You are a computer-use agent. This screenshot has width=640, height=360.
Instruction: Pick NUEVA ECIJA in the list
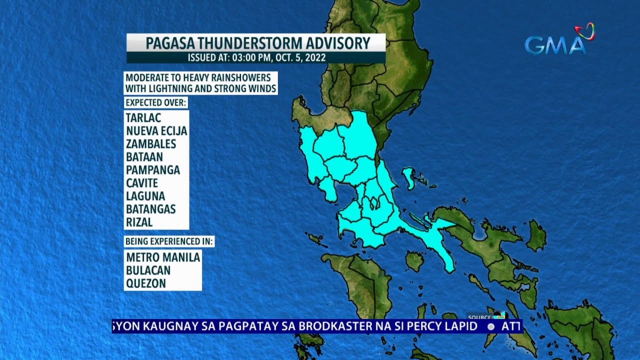pos(156,131)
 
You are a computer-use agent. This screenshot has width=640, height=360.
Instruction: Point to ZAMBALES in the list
pos(151,144)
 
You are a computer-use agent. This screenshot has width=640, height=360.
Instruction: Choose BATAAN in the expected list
pos(144,157)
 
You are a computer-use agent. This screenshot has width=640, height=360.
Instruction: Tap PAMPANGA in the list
pos(153,170)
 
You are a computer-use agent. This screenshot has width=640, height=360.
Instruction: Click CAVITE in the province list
pos(142,183)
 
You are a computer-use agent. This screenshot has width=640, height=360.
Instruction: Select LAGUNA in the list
pos(145,196)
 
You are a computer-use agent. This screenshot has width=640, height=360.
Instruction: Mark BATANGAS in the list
pos(151,209)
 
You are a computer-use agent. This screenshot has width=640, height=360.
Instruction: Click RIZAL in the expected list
pos(139,222)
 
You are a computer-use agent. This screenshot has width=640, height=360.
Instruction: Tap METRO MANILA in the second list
pos(163,257)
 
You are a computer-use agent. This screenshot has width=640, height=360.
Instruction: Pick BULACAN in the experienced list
pos(148,270)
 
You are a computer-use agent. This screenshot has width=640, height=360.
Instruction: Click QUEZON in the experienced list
pos(146,283)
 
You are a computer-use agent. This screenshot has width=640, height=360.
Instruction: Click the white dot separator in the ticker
pos(491,326)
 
